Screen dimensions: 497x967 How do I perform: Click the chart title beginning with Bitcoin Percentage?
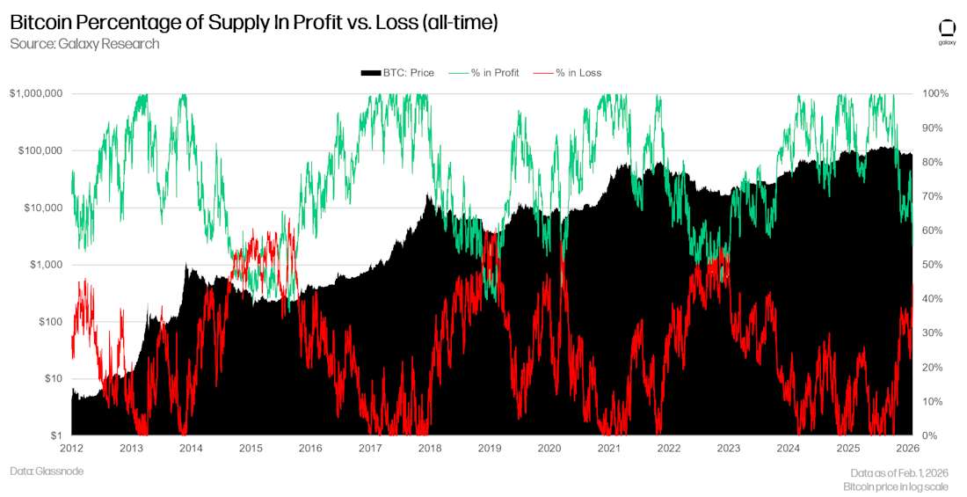[x=254, y=23]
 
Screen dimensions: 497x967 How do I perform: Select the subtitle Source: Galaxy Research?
[x=84, y=44]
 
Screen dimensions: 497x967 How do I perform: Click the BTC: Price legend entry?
[x=397, y=73]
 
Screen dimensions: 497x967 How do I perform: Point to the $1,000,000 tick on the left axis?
[x=37, y=93]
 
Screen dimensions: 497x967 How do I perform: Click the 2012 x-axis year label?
[x=72, y=449]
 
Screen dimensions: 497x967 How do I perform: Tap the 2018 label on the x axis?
[x=430, y=449]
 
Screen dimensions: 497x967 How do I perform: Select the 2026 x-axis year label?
[x=907, y=449]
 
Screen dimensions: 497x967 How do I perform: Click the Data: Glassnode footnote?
[x=47, y=471]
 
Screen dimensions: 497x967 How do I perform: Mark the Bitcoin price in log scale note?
[x=896, y=486]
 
